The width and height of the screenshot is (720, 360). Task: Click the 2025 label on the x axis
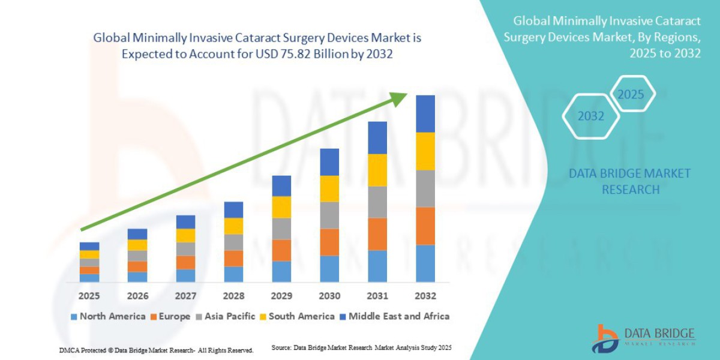coord(89,296)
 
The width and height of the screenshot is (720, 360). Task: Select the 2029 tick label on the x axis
coord(281,296)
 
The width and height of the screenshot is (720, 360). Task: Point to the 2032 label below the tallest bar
coord(425,296)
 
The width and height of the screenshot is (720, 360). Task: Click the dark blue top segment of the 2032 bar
coord(425,113)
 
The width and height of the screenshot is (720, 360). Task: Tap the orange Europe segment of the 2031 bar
coord(377,234)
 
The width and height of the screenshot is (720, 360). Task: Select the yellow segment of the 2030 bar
coord(329,188)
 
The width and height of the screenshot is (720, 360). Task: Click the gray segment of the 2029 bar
coord(281,229)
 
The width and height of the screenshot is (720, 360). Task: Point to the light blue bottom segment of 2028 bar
coord(233,274)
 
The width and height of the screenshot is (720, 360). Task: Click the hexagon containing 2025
coord(631,94)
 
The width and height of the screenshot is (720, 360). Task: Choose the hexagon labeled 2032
coord(590,116)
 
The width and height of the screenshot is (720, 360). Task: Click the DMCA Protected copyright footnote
coord(156,350)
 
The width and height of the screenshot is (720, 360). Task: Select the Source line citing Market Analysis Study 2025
coord(361,348)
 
